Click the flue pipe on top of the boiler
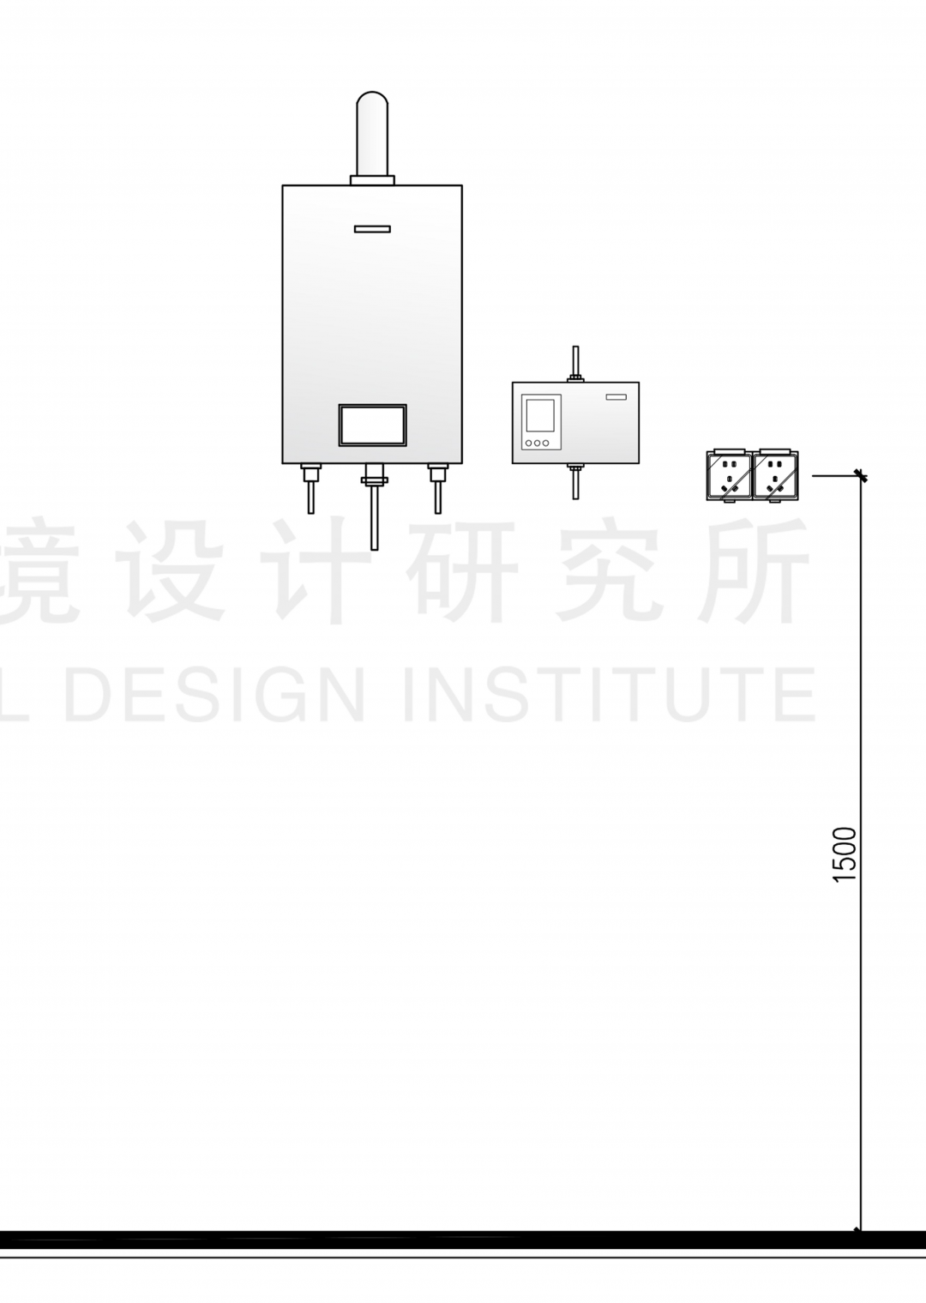tap(372, 133)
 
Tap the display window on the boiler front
tap(372, 425)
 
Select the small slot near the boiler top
tap(372, 229)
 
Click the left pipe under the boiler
tap(311, 490)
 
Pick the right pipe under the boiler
tap(438, 490)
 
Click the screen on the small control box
tap(540, 414)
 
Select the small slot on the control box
tap(616, 396)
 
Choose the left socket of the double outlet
tap(728, 474)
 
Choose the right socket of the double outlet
tap(775, 474)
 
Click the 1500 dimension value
tap(845, 854)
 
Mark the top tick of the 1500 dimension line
tap(861, 475)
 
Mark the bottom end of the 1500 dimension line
tap(860, 1231)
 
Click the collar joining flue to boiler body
tap(372, 180)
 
